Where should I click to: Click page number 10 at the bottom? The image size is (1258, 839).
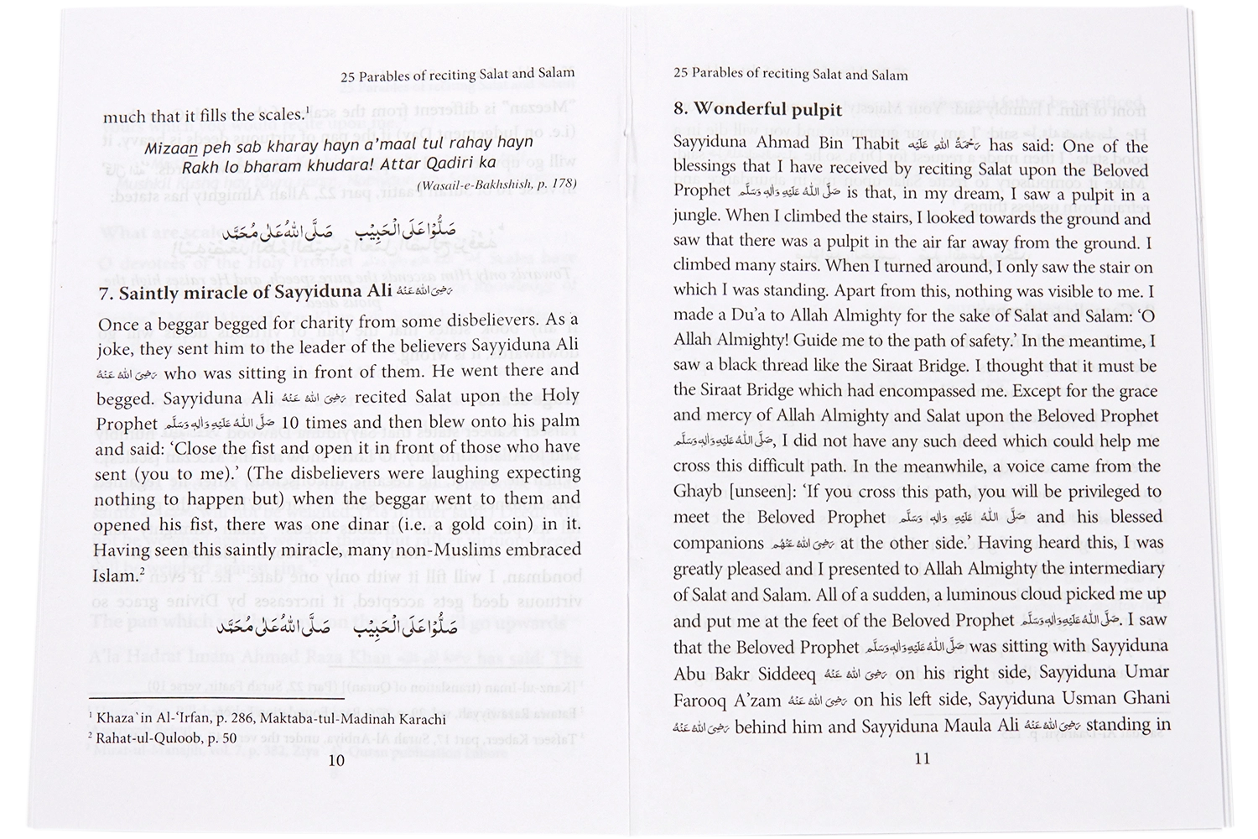tap(336, 761)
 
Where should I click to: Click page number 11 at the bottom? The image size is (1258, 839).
tap(923, 758)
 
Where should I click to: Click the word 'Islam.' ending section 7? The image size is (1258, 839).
tap(117, 576)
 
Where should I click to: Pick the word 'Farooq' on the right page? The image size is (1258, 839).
tap(702, 699)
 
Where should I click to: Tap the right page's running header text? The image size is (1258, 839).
tap(790, 75)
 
